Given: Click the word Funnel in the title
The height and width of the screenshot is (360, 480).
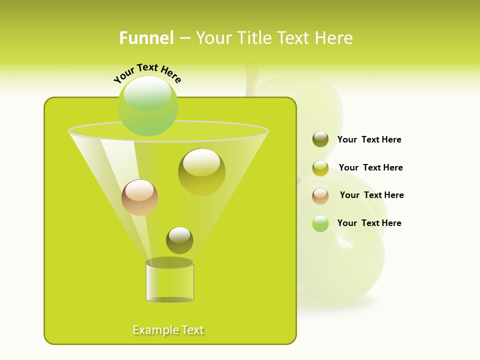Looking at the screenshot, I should (146, 38).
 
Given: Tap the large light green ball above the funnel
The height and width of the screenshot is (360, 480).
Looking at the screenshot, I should (147, 106).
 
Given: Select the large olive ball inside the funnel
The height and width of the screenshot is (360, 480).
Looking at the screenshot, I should (201, 172).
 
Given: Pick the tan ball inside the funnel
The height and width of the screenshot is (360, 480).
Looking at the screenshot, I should (139, 197).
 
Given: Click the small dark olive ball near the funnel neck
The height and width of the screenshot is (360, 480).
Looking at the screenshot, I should (179, 240).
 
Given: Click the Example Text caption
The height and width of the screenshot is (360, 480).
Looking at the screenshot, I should (168, 330).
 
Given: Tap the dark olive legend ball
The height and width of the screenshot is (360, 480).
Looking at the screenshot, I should (320, 139).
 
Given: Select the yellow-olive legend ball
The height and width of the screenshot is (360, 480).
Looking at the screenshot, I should (320, 168).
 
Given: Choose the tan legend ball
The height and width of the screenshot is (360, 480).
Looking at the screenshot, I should (320, 196).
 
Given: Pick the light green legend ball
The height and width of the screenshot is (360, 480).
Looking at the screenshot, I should (320, 223).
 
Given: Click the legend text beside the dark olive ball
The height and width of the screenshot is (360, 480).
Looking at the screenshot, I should (369, 139).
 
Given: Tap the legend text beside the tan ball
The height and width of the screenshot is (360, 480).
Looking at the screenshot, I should (371, 195).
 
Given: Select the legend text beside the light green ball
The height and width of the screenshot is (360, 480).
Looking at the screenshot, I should (369, 223).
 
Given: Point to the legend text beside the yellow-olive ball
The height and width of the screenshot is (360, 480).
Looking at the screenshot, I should (370, 167).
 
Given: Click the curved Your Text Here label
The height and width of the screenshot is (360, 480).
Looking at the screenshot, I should (147, 72).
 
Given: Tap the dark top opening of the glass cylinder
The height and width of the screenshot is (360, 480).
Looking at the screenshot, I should (169, 262).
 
